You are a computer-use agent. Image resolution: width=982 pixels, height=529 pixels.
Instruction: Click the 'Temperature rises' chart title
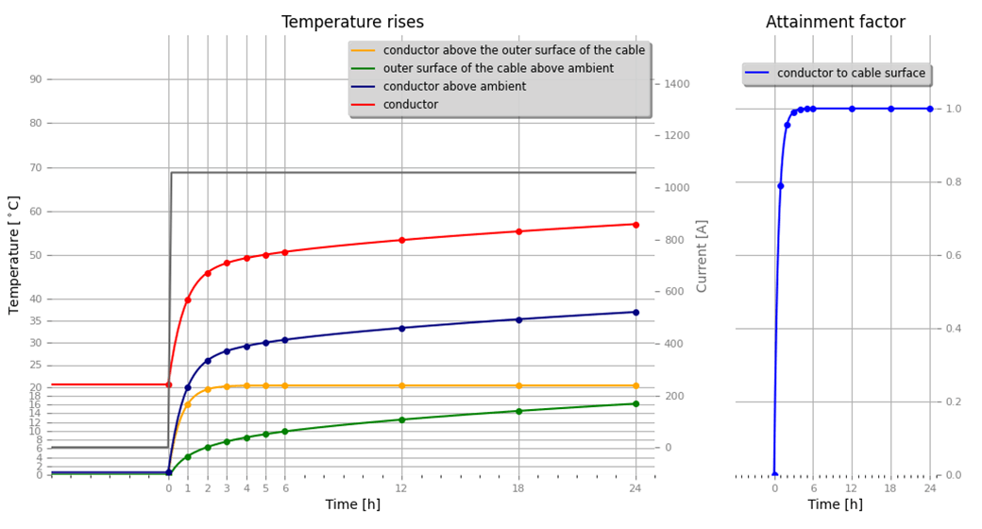(x=352, y=22)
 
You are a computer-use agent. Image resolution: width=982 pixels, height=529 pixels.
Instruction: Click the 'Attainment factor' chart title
(x=835, y=22)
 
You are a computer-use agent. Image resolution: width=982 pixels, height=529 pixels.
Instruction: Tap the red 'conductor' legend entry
(x=411, y=105)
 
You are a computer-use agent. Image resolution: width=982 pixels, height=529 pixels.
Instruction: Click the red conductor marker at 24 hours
(x=635, y=224)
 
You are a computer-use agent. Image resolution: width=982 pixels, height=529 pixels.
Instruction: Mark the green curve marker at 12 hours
(x=401, y=419)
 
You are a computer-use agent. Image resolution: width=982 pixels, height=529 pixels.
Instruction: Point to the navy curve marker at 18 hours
(x=518, y=319)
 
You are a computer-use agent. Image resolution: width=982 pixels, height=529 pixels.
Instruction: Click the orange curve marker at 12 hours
(x=401, y=385)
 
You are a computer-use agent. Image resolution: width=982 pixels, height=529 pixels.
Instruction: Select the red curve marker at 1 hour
(x=188, y=299)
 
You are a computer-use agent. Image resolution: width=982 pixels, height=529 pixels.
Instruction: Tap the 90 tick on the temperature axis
(x=36, y=79)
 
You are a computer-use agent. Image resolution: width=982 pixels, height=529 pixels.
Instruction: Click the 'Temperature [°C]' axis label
(x=14, y=255)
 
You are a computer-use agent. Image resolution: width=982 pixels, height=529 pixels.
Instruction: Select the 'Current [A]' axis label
(x=702, y=255)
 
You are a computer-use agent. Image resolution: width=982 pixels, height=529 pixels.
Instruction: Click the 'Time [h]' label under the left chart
(x=352, y=505)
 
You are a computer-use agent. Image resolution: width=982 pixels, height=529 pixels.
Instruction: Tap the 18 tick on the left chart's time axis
(x=518, y=488)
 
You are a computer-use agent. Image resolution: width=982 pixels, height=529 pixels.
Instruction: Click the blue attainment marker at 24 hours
(x=929, y=109)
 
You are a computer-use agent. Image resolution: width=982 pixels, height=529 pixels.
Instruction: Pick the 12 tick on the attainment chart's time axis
(x=852, y=488)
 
